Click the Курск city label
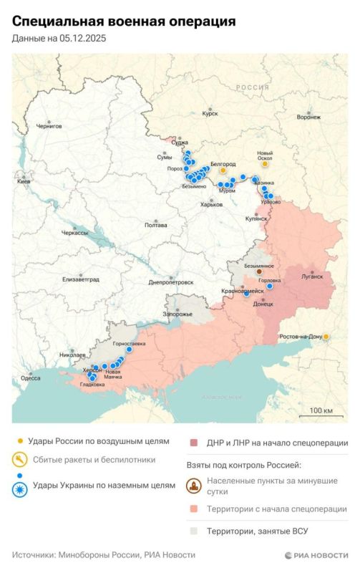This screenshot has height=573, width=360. pyautogui.click(x=210, y=113)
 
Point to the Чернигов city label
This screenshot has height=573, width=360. pyautogui.click(x=49, y=126)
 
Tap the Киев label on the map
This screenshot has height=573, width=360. pyautogui.click(x=24, y=182)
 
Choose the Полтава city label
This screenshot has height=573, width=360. pyautogui.click(x=155, y=226)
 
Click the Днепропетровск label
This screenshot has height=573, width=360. pyautogui.click(x=170, y=282)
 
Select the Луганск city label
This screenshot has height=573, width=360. pyautogui.click(x=312, y=275)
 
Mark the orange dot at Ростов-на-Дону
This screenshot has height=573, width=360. pyautogui.click(x=326, y=336)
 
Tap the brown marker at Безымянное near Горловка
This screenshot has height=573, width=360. pyautogui.click(x=259, y=272)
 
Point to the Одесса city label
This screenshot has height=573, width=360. pyautogui.click(x=30, y=377)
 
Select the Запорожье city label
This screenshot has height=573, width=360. pyautogui.click(x=177, y=314)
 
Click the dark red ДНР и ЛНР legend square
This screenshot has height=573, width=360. pyautogui.click(x=193, y=443)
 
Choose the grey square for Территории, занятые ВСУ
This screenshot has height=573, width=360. pyautogui.click(x=193, y=531)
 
